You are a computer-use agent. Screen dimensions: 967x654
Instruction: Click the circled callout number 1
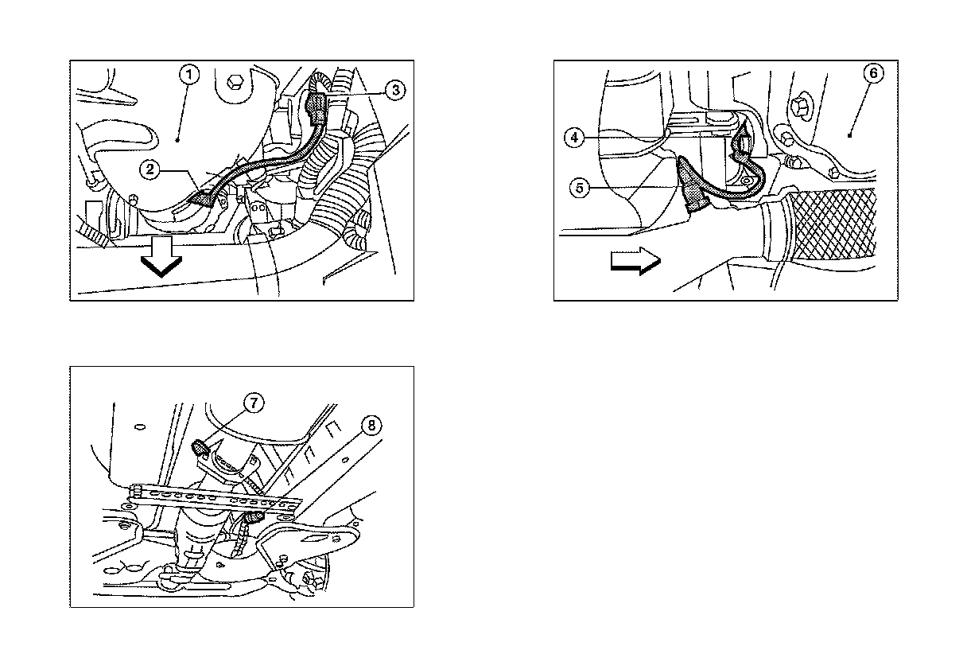coord(189,75)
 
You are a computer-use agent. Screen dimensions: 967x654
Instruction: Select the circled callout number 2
coord(150,169)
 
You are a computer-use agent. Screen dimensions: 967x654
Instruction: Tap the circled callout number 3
coord(395,91)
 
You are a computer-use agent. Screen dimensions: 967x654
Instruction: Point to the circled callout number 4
coord(574,138)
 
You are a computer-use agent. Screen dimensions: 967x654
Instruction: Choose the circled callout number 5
coord(580,188)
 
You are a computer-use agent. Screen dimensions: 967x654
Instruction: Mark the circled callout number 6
coord(873,73)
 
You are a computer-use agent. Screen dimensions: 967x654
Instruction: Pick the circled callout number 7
coord(254,403)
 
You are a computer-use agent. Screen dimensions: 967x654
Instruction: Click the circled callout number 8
coord(371,426)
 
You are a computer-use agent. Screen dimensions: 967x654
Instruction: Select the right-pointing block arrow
coord(635,261)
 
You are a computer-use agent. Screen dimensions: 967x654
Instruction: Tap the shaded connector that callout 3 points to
coord(316,108)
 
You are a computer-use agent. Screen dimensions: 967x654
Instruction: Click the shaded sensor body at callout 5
coord(692,187)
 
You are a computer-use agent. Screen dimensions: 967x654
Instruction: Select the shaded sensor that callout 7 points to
coord(199,448)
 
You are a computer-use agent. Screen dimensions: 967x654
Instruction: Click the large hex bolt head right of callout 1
coord(235,81)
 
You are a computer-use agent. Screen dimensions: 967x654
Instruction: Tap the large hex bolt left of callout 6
coord(802,105)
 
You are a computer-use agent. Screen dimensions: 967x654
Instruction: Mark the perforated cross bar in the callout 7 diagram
coord(215,500)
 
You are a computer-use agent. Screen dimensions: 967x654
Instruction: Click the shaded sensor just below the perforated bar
coord(254,516)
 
